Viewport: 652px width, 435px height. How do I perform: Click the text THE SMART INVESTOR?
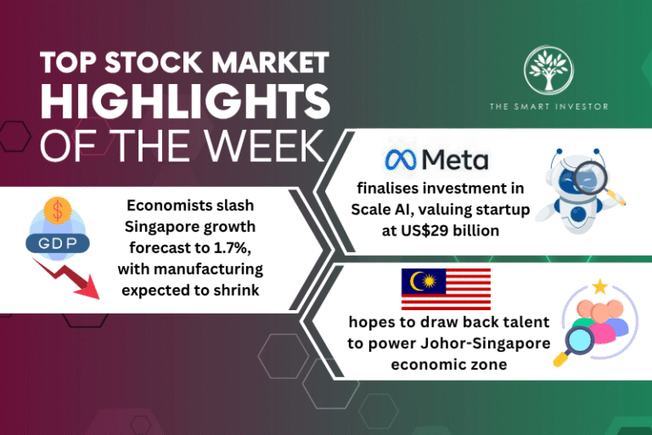coord(548,106)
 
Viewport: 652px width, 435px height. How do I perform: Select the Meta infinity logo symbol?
coord(402,159)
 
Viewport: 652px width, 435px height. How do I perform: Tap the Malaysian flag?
coord(446,289)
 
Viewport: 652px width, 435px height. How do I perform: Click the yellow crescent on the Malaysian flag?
coord(418,280)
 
